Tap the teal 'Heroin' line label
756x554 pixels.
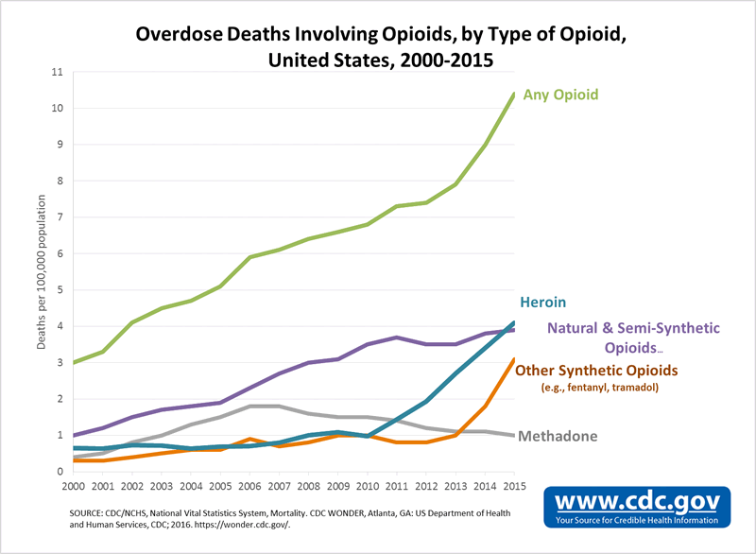pos(541,303)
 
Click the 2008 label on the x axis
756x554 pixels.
pos(307,486)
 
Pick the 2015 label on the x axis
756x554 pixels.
pos(513,486)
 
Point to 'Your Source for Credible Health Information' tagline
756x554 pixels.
pos(639,519)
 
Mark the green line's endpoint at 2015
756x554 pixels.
pos(513,94)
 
